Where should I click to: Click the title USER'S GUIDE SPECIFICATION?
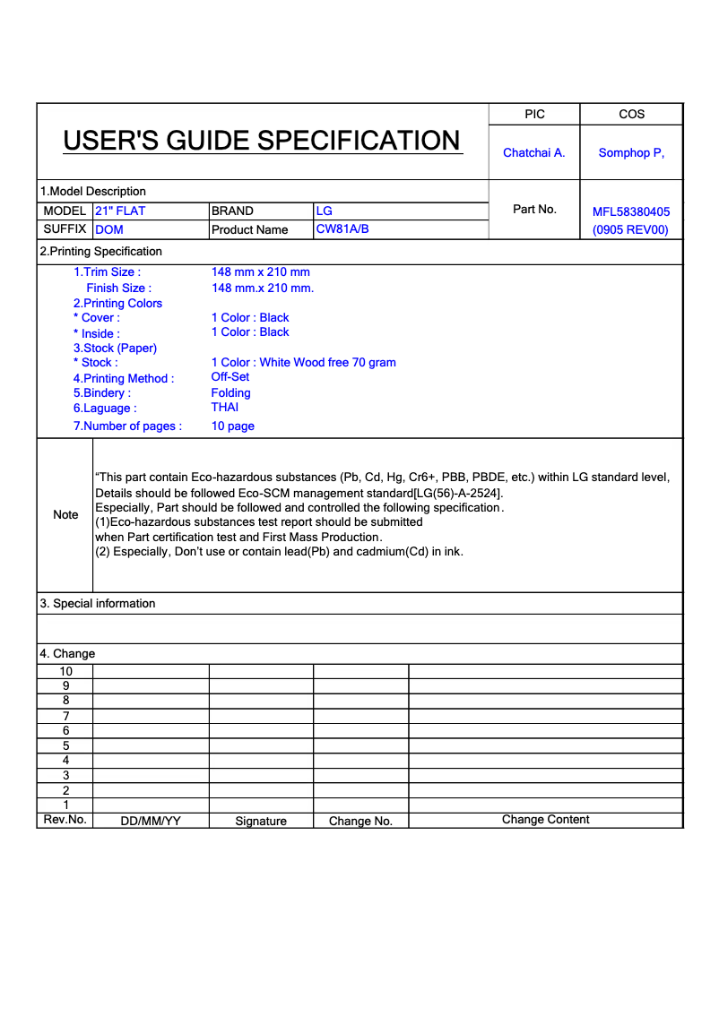pyautogui.click(x=262, y=141)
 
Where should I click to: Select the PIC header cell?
pyautogui.click(x=534, y=114)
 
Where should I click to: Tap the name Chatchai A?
pyautogui.click(x=534, y=152)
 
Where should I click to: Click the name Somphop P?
pyautogui.click(x=631, y=152)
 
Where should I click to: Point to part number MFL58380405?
pyautogui.click(x=631, y=212)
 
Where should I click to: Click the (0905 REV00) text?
pyautogui.click(x=631, y=229)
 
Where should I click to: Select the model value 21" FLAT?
pyautogui.click(x=120, y=211)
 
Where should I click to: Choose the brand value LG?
pyautogui.click(x=324, y=211)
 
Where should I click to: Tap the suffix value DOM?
pyautogui.click(x=109, y=229)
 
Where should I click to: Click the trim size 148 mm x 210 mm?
pyautogui.click(x=260, y=271)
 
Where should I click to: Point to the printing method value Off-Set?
pyautogui.click(x=230, y=377)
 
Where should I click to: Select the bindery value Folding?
pyautogui.click(x=231, y=392)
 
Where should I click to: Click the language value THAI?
pyautogui.click(x=225, y=407)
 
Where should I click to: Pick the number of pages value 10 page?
pyautogui.click(x=233, y=426)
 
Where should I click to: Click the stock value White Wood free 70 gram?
pyautogui.click(x=303, y=362)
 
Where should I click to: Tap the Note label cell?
pyautogui.click(x=65, y=514)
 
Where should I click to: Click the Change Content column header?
pyautogui.click(x=545, y=820)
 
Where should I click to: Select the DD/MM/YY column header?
pyautogui.click(x=151, y=821)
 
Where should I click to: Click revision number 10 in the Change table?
pyautogui.click(x=65, y=671)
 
